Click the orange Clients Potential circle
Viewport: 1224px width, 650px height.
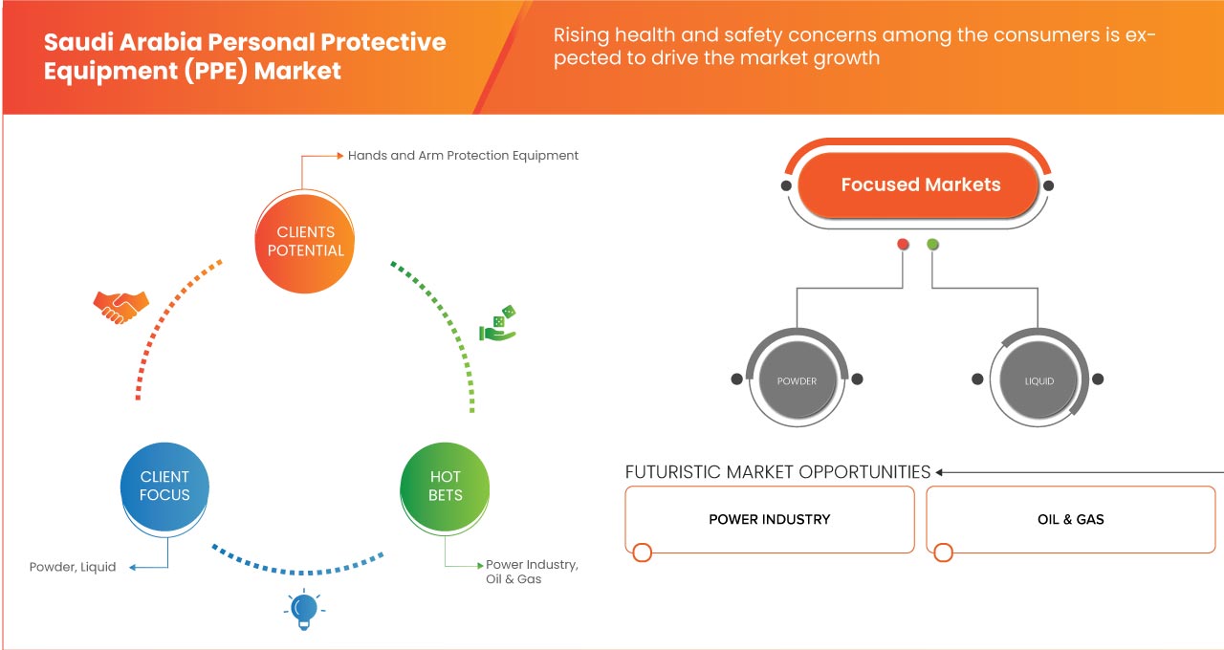tap(306, 241)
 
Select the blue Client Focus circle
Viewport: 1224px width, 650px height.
tap(165, 486)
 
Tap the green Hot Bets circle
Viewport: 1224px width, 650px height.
tap(446, 486)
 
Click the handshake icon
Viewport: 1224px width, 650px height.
tap(120, 306)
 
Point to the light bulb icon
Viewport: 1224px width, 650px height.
tap(303, 609)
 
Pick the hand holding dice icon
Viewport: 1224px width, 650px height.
tap(498, 325)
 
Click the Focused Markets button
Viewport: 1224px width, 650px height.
tap(920, 184)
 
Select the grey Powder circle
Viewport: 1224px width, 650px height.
tap(797, 380)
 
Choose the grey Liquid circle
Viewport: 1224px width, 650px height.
tap(1039, 380)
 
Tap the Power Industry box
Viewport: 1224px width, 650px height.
tap(770, 519)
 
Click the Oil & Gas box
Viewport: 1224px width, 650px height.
tap(1070, 519)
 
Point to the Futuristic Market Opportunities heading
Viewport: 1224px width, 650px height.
tap(777, 471)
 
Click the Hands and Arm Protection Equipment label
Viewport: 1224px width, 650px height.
tap(463, 155)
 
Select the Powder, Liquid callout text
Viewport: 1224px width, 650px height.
tap(73, 567)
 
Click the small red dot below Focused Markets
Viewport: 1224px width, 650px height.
tap(903, 245)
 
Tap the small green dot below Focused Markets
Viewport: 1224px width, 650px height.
tap(932, 245)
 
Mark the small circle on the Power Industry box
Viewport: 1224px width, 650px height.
tap(643, 552)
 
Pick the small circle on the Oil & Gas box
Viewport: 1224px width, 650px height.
tap(944, 552)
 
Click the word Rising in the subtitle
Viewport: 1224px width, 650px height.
tap(582, 35)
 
